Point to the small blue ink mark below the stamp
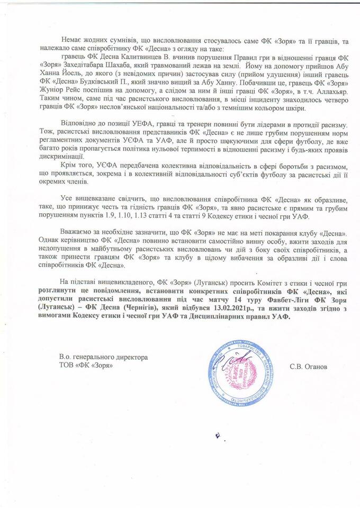pyautogui.click(x=217, y=435)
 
